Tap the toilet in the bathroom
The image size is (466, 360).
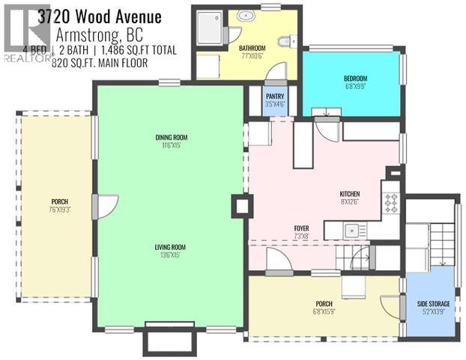pyautogui.click(x=286, y=42)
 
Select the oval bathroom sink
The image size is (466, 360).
pyautogui.click(x=246, y=15)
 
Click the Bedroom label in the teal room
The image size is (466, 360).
pyautogui.click(x=355, y=81)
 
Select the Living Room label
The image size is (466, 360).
pyautogui.click(x=170, y=250)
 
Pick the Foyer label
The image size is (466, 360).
pyautogui.click(x=302, y=232)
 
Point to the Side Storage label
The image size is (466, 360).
pyautogui.click(x=434, y=306)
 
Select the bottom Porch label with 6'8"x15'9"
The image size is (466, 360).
pyautogui.click(x=324, y=306)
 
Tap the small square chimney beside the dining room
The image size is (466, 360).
pyautogui.click(x=240, y=206)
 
